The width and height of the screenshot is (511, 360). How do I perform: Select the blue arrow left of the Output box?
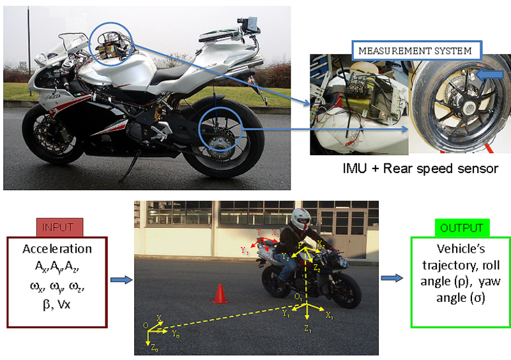(391, 278)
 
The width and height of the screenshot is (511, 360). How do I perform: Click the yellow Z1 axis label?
(307, 330)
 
